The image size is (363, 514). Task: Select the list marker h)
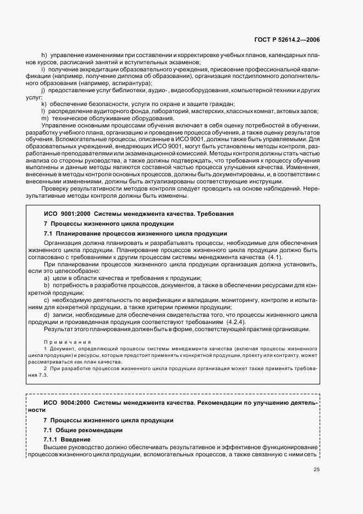click(x=44, y=55)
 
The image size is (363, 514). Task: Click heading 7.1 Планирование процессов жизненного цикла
click(x=135, y=233)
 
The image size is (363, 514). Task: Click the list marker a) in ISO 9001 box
click(x=47, y=278)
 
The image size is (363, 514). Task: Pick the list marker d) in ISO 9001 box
click(x=47, y=315)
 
